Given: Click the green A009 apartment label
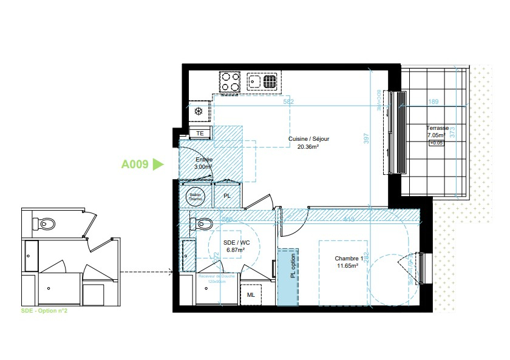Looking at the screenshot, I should pos(135,164).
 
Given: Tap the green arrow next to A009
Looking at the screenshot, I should pos(158,164).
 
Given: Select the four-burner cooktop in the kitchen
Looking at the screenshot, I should pos(230,82).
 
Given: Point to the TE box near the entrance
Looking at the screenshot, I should pos(200,133).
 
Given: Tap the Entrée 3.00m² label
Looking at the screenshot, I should pos(203,163).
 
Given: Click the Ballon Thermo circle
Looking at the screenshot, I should pos(195,196).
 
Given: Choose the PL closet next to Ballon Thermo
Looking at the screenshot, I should pos(227,196).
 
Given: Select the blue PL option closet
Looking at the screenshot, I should pos(288,276).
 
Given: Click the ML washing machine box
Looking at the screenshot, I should pos(251,295).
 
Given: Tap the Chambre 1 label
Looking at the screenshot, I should pos(348,258).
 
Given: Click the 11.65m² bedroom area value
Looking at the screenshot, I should pos(347,265).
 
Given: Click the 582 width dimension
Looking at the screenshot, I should pos(289,102).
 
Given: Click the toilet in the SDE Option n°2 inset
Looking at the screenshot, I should pos(46,225).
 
